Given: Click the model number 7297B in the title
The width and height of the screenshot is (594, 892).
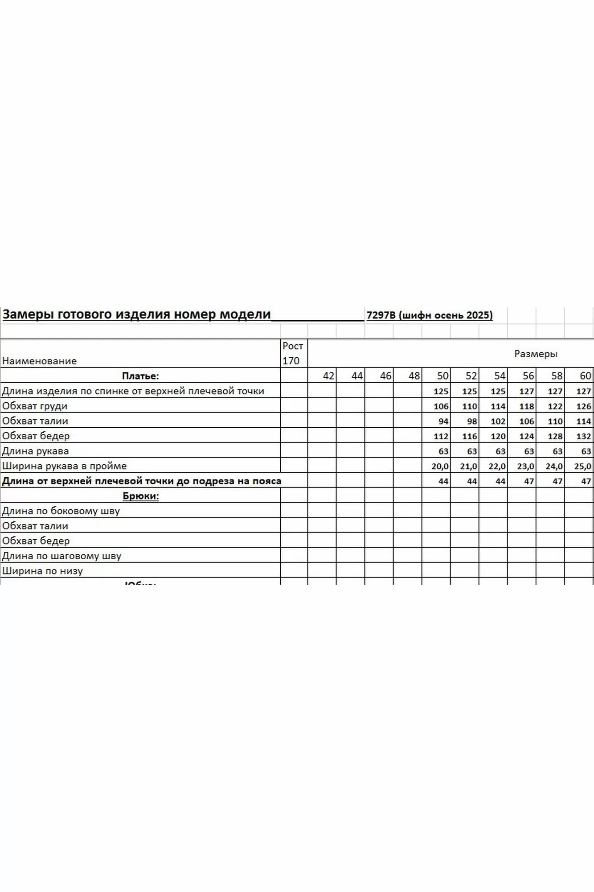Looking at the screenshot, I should point(381,315).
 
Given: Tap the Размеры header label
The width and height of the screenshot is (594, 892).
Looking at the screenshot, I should point(536,354).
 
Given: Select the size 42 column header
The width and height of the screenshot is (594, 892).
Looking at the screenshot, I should point(328,376).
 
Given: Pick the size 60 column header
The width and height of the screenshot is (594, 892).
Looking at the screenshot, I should point(585,376).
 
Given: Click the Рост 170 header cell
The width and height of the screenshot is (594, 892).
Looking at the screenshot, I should point(293,353).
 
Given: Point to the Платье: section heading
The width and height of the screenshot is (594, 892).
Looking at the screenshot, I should point(140,376).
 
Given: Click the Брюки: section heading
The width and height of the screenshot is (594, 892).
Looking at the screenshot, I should point(141,496).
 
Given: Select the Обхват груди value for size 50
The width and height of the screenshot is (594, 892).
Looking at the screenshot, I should point(441,406).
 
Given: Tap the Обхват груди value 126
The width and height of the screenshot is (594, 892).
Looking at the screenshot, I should point(583,406).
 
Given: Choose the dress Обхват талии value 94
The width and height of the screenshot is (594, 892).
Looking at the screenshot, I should point(443,421).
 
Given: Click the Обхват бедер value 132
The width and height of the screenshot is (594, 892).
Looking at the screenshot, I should point(583,436).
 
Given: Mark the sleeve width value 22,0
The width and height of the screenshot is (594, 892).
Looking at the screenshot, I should point(497,467).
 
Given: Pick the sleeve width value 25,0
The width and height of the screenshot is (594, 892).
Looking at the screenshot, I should point(582,467).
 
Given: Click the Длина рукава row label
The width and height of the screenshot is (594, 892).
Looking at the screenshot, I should point(36,451).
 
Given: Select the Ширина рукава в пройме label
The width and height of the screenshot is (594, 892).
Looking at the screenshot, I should point(65,466).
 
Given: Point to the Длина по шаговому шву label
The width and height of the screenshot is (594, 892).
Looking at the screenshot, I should point(61,556).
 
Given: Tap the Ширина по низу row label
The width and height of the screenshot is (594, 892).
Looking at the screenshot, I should point(42,571).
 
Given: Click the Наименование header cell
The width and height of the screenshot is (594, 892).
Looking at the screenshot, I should point(39,361).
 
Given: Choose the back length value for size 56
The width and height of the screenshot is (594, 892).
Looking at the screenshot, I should point(526,392).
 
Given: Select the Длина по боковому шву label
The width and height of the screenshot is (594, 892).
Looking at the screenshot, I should point(61,511).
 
